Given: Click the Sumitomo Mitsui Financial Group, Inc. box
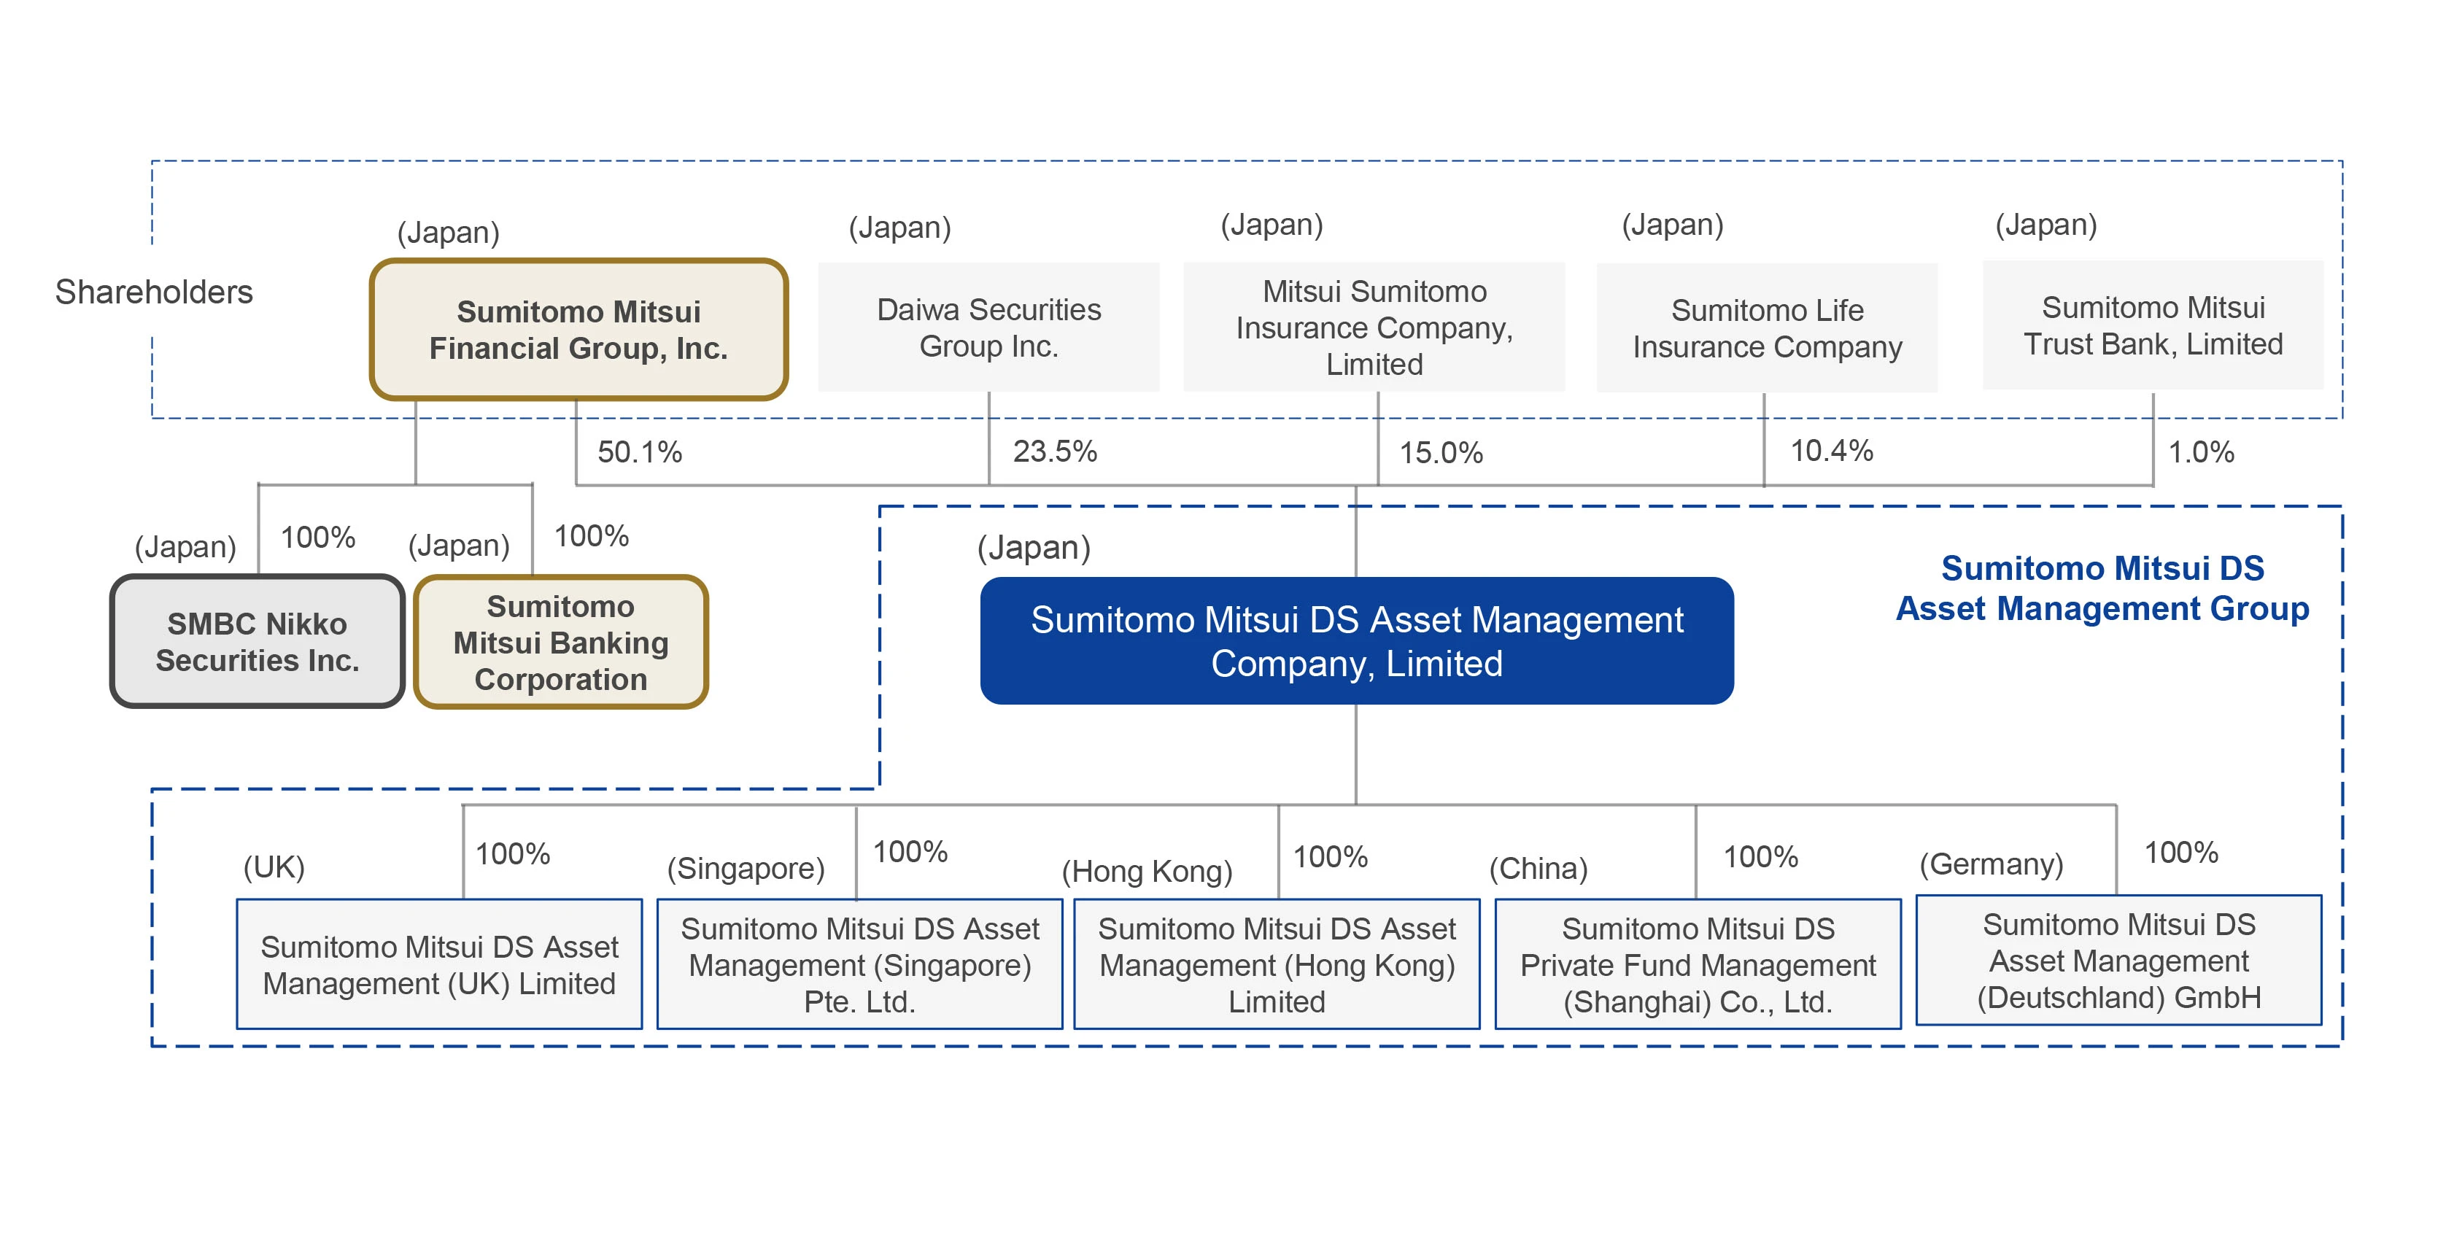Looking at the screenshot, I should [x=578, y=330].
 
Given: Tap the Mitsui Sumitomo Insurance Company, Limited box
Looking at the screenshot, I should [x=1374, y=327].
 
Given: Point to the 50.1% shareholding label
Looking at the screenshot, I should [x=639, y=451].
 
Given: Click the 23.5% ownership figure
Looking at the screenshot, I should [x=1055, y=451].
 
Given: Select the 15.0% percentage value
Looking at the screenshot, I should [x=1441, y=452].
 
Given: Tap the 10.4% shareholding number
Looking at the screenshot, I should [x=1831, y=451].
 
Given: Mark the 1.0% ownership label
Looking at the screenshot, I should [x=2201, y=451].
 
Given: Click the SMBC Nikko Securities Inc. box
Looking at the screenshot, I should [x=258, y=641].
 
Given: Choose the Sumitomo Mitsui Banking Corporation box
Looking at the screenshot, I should [x=561, y=642].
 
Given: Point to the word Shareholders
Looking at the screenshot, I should [x=153, y=292].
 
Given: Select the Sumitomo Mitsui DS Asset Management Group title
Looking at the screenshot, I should [x=2102, y=588].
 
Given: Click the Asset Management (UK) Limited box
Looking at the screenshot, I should [x=439, y=964].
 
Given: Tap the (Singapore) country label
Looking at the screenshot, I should [x=745, y=868].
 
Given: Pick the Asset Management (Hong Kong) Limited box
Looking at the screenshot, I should [x=1277, y=964].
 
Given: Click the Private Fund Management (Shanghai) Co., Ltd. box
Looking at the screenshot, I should [x=1697, y=964].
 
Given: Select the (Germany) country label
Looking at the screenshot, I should [x=1991, y=864].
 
